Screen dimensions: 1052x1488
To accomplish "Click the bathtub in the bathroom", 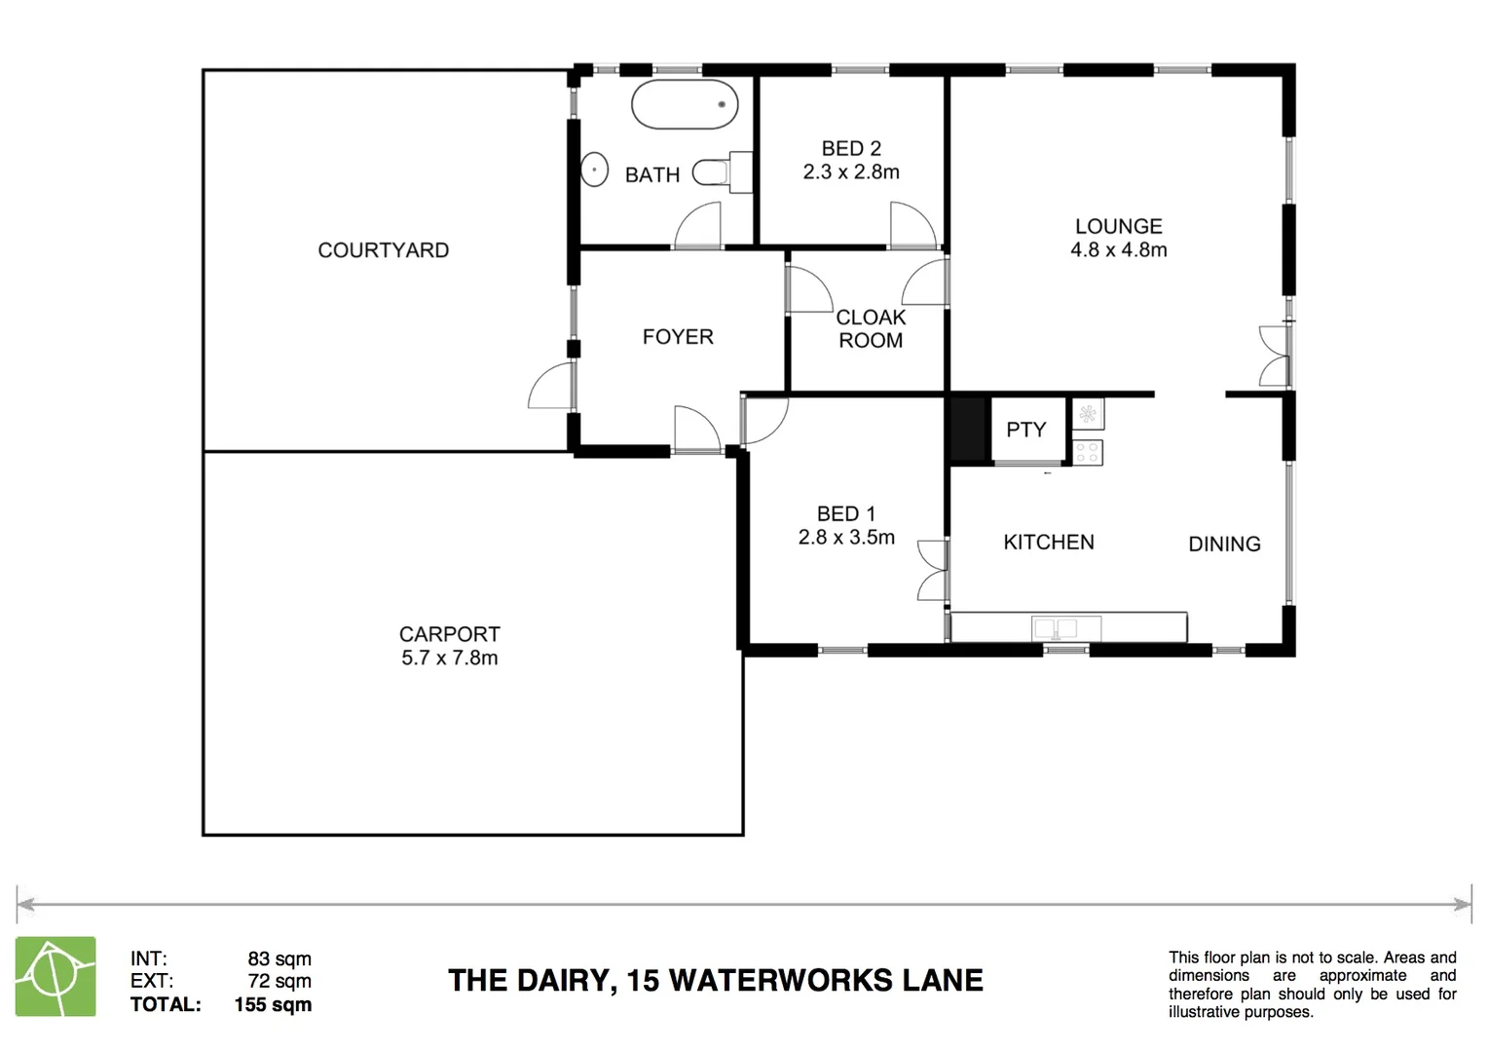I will [x=685, y=104].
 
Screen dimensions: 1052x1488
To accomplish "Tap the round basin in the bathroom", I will [x=594, y=169].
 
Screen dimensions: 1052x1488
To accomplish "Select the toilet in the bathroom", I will [x=717, y=172].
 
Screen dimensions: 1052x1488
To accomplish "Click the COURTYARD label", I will [x=383, y=250].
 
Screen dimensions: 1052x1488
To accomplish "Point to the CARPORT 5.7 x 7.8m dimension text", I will [x=449, y=657].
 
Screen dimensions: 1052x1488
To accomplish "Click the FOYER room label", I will [x=678, y=337].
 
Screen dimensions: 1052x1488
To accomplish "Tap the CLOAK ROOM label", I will [x=871, y=329].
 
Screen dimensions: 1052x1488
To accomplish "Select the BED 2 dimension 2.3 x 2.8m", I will [x=850, y=172].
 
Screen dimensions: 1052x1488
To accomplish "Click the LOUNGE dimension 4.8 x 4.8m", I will [x=1118, y=250].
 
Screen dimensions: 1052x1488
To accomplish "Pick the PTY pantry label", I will [x=1025, y=430].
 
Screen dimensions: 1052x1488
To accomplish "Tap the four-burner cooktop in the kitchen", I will [x=1088, y=452].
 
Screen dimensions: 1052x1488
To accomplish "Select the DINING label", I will [x=1224, y=545].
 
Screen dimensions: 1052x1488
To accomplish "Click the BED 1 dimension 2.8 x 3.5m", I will [x=846, y=538].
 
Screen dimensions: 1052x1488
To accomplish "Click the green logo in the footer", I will [x=56, y=976].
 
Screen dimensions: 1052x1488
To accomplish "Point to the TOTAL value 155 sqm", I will [x=273, y=1005].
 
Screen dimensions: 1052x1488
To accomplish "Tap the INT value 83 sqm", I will [x=279, y=959].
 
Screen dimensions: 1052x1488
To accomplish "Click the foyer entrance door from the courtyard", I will [x=553, y=387].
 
